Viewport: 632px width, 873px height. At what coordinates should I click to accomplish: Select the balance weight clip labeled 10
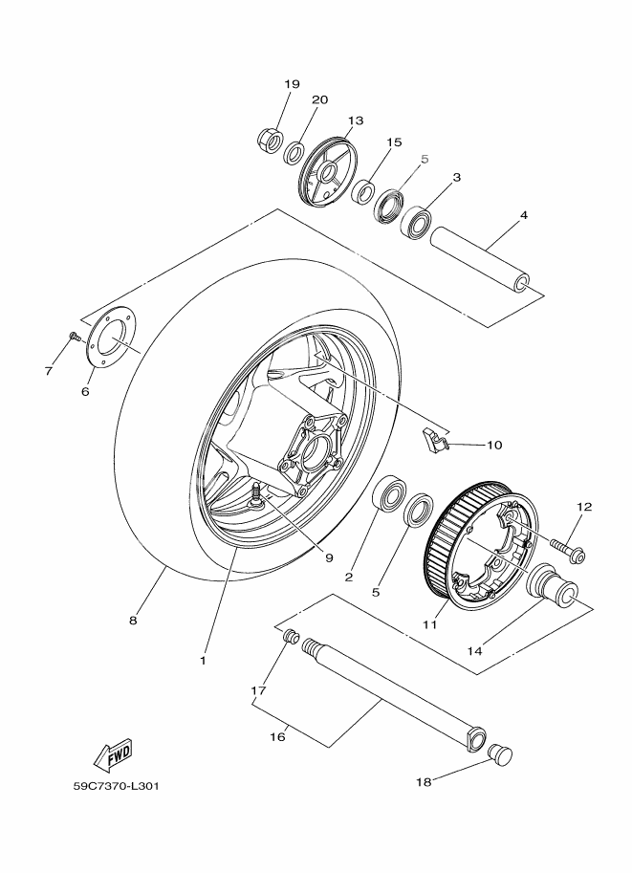pyautogui.click(x=435, y=441)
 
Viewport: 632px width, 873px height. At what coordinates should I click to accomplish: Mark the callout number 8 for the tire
pyautogui.click(x=134, y=620)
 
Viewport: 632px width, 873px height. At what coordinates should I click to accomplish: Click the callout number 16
pyautogui.click(x=278, y=737)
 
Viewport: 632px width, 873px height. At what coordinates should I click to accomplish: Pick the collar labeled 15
pyautogui.click(x=363, y=190)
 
